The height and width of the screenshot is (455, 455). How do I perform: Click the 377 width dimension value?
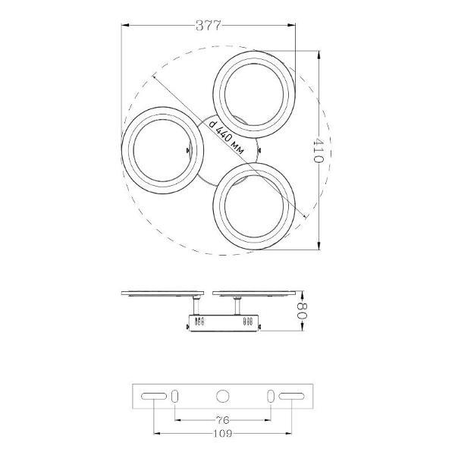click(209, 26)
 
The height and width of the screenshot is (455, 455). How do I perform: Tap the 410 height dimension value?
click(318, 150)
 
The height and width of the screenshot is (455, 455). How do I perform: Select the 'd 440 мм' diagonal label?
click(227, 136)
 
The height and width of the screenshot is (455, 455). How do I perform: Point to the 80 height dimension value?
click(302, 311)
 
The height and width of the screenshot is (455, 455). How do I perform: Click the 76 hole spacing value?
click(222, 419)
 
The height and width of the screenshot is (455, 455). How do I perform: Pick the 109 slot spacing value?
click(223, 433)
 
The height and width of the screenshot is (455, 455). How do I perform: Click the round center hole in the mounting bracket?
click(222, 396)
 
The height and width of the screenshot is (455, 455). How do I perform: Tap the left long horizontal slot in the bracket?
click(154, 396)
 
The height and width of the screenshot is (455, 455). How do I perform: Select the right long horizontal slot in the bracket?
click(292, 396)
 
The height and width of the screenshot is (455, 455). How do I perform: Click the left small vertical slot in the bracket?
click(174, 396)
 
